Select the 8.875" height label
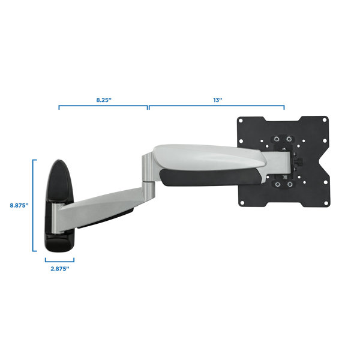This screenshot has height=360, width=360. tap(19, 205)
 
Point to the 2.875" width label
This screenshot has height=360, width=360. tap(59, 269)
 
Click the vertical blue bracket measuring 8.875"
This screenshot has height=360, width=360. tap(34, 205)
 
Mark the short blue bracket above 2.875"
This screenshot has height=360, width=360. tap(59, 260)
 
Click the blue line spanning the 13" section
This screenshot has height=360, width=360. tap(217, 107)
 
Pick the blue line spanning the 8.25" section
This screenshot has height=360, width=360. tap(103, 107)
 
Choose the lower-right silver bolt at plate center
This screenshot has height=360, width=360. tap(290, 184)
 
